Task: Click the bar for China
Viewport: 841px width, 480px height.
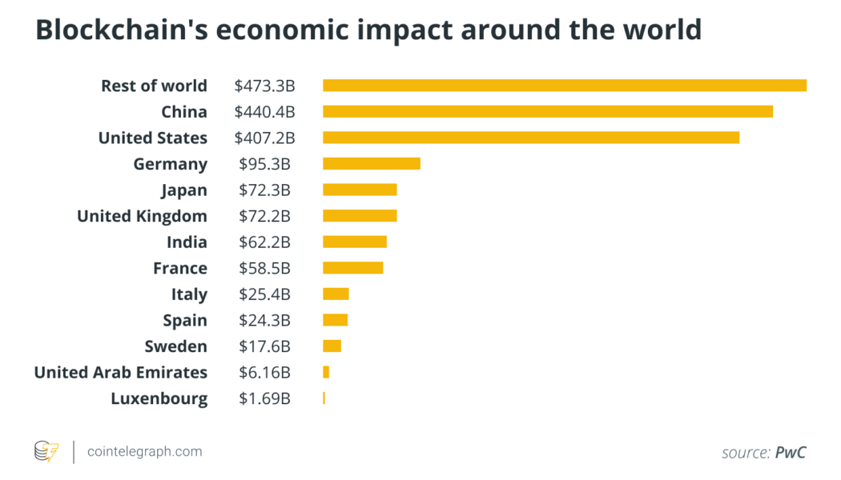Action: coord(548,111)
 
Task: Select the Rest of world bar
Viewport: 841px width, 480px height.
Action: coord(565,86)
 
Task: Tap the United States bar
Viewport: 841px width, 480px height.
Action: coord(531,138)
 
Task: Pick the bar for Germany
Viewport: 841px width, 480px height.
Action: coord(372,164)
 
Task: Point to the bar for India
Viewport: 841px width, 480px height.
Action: coord(355,242)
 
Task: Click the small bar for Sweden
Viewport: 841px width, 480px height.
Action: coord(332,346)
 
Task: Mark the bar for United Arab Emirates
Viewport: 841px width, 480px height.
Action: coord(326,372)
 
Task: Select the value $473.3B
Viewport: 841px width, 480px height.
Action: coord(264,86)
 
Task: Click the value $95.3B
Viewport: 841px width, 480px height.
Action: coord(264,164)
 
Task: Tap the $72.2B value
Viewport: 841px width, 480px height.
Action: coord(264,216)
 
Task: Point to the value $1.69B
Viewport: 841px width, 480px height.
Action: coord(264,398)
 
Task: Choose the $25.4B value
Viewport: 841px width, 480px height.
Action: coord(264,294)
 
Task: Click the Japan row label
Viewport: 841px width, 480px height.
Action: coord(184,190)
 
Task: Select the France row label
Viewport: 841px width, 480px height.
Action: coord(180,268)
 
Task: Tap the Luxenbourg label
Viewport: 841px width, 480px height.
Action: coord(159,398)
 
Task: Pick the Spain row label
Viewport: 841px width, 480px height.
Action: coord(185,320)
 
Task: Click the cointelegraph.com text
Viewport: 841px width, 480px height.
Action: coord(144,451)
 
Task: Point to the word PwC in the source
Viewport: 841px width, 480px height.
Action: coord(791,452)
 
